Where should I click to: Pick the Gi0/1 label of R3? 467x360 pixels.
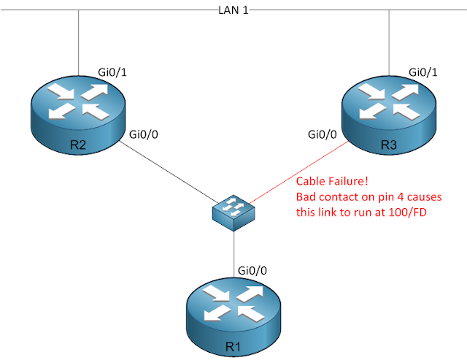tap(424, 72)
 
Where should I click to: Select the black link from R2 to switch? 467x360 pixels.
tap(168, 175)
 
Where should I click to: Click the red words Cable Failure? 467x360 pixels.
tap(328, 182)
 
